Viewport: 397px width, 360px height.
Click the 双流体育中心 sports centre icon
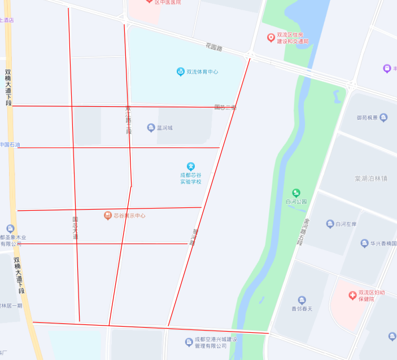tap(181, 72)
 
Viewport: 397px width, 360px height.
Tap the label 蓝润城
tap(164, 128)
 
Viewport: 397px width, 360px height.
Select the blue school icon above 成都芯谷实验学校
tap(191, 166)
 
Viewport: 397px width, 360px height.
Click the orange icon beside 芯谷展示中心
tap(107, 215)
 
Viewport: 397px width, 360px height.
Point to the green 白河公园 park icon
tap(296, 193)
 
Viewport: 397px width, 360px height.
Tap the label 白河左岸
tap(346, 224)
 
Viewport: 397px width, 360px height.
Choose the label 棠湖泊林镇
tap(371, 178)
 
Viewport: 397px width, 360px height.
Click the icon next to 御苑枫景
tap(384, 118)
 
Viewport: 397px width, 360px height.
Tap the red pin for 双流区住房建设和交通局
tap(271, 38)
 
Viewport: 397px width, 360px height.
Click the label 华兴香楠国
tap(383, 244)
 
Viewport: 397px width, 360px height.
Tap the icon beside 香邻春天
tap(302, 300)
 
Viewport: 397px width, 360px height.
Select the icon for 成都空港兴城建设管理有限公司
tap(189, 342)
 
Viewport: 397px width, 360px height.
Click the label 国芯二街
tap(225, 107)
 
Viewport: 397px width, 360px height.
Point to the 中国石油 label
tap(10, 145)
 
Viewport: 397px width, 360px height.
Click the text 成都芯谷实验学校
tap(191, 179)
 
